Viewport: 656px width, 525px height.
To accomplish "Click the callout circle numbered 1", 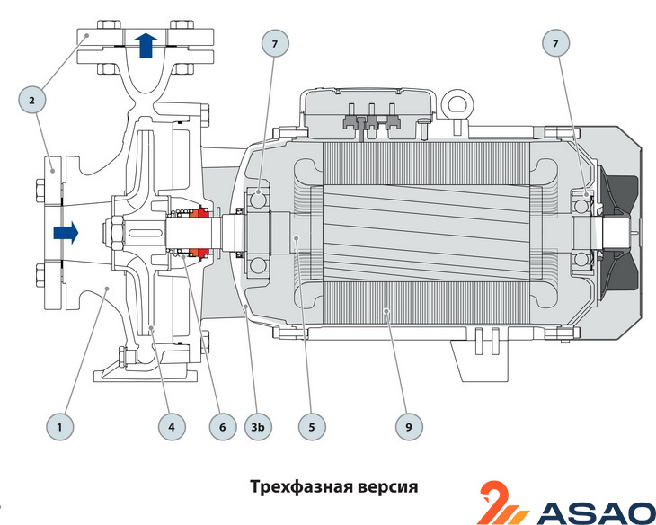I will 60,426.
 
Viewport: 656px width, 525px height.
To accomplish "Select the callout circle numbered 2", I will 32,101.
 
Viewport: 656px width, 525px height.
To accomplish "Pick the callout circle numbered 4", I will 171,426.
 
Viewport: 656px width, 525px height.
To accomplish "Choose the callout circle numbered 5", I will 312,426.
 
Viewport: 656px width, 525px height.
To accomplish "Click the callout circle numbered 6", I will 219,426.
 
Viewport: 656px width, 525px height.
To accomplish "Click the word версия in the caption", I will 387,486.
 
